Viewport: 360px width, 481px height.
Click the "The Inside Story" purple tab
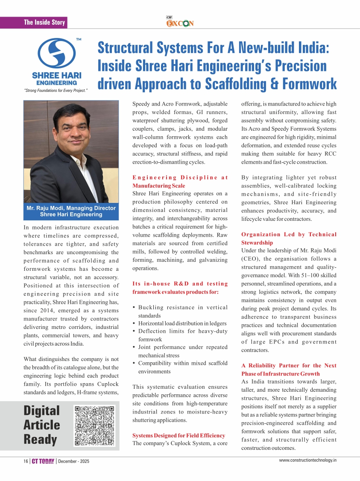(x=44, y=22)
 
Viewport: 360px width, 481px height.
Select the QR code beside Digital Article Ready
(x=95, y=425)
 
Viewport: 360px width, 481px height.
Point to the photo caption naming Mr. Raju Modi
(x=71, y=211)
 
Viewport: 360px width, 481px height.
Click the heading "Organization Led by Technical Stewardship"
(x=289, y=238)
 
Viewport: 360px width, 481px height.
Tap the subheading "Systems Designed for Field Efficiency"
(x=179, y=435)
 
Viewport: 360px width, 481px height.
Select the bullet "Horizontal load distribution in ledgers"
(x=182, y=323)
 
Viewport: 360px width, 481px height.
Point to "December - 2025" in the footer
(x=74, y=461)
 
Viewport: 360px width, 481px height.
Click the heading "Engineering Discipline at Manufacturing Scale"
(x=180, y=182)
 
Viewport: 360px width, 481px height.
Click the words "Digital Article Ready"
(x=42, y=425)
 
